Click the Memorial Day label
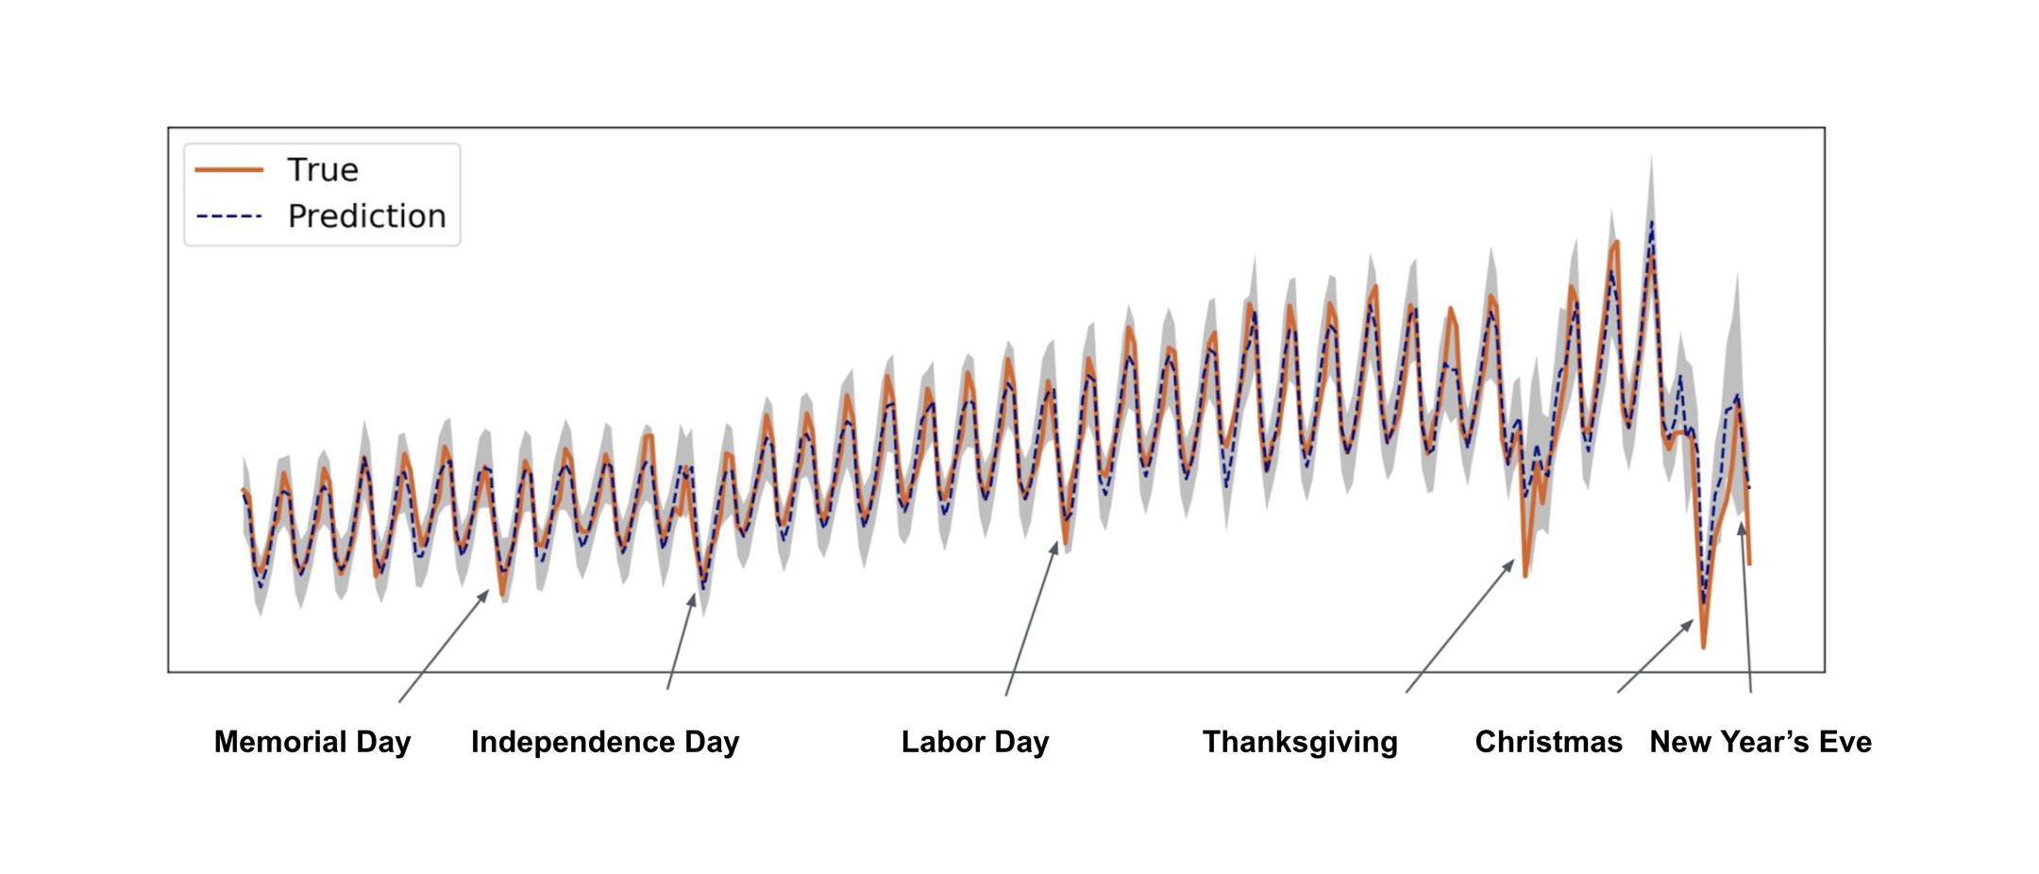[312, 742]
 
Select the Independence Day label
[605, 742]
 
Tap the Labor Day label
[975, 742]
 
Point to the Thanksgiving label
[1300, 742]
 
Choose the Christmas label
[1548, 742]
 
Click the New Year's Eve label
[1761, 742]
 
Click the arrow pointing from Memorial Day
[443, 647]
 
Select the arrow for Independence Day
[681, 642]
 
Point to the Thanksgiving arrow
[1459, 627]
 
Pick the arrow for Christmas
[1655, 657]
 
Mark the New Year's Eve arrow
[1746, 609]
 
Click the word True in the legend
[323, 170]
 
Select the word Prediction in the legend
[366, 216]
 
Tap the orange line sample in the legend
[228, 170]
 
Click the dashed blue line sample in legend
[228, 216]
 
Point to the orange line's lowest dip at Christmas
[1704, 647]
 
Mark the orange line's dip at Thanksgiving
[1525, 575]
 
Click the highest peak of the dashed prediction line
[1651, 223]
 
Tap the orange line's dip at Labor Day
[1066, 543]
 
